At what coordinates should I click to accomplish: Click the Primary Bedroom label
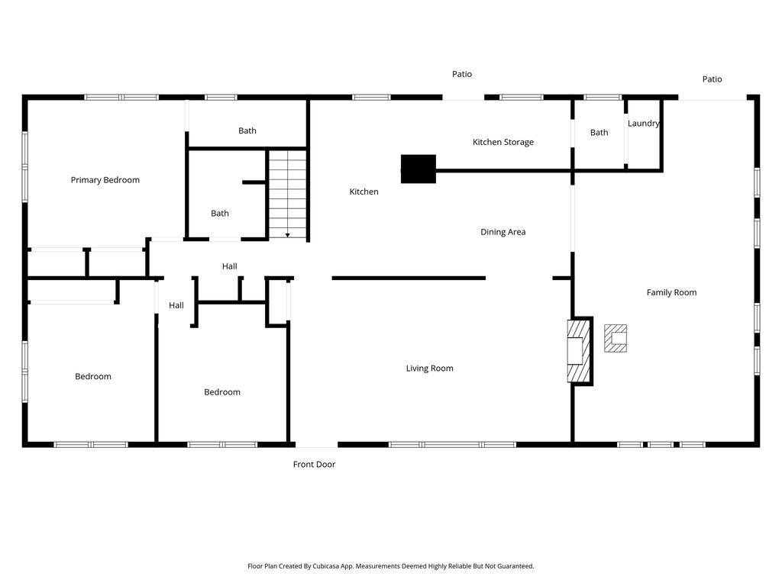(x=105, y=180)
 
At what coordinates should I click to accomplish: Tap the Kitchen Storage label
(x=502, y=142)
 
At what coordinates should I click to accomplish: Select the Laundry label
(x=643, y=124)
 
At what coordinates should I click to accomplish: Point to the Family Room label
(x=671, y=292)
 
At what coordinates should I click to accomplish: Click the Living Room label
(x=429, y=369)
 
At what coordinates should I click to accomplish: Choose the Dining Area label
(x=502, y=232)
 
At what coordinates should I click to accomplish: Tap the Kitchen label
(x=364, y=192)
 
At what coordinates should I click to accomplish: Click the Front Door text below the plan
(x=314, y=464)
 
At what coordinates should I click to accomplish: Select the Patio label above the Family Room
(x=712, y=79)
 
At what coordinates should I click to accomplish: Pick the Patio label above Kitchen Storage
(x=462, y=74)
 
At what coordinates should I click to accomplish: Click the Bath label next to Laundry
(x=599, y=133)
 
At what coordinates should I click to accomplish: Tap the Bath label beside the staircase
(x=220, y=214)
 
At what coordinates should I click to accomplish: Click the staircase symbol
(x=287, y=194)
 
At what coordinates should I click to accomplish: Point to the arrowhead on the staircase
(x=288, y=234)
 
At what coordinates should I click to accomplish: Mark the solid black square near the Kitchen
(x=418, y=169)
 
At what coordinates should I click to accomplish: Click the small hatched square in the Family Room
(x=616, y=338)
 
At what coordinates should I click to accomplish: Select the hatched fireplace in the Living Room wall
(x=578, y=350)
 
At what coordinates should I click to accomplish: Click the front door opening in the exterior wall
(x=316, y=444)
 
